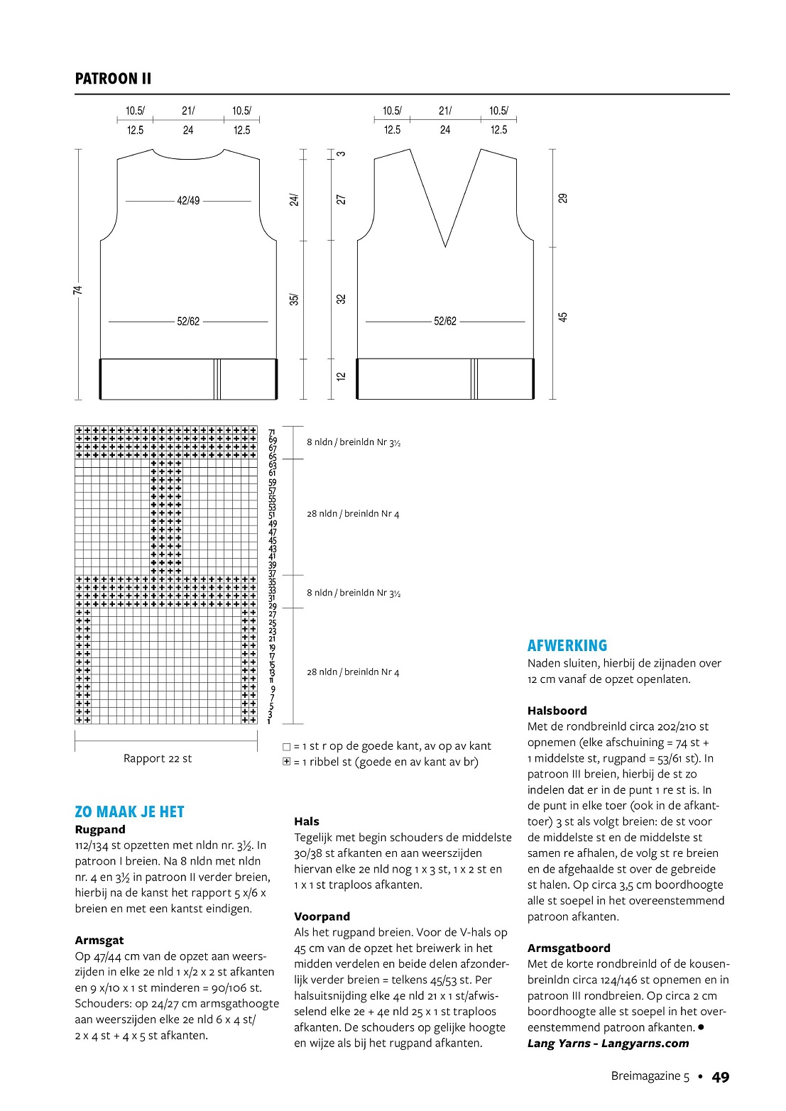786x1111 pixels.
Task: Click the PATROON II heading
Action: [113, 79]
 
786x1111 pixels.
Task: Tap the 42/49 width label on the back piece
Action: [188, 201]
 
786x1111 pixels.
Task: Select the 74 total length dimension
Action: [77, 290]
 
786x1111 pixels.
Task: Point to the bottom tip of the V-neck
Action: [445, 246]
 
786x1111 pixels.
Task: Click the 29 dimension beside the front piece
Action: [563, 198]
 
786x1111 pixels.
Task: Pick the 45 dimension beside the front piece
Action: [563, 317]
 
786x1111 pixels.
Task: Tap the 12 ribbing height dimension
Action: [341, 376]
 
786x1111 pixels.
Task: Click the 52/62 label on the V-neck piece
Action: [445, 322]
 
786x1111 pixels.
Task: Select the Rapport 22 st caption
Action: [158, 758]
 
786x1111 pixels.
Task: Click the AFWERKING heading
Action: [567, 645]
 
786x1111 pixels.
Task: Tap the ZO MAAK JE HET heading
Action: [129, 811]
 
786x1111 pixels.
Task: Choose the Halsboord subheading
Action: [557, 711]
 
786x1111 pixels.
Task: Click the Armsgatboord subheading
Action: [569, 948]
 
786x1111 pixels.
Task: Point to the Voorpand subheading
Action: [322, 916]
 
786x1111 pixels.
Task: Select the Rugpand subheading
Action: [100, 829]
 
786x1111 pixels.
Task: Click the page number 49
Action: [721, 1077]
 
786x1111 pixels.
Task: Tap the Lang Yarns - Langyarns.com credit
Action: [608, 1043]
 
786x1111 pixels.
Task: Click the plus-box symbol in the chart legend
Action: [287, 762]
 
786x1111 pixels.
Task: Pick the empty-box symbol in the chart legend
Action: [287, 746]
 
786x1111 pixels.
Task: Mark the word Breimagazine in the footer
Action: [645, 1076]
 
